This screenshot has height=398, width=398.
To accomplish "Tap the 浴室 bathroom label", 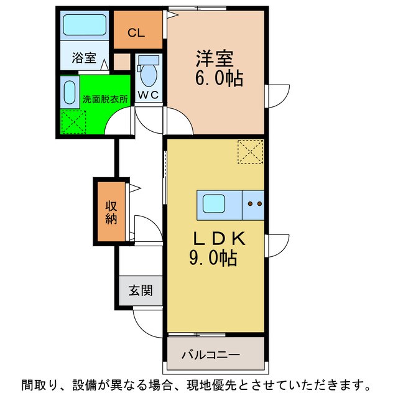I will click(x=84, y=59).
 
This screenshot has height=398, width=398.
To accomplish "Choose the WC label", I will click(x=148, y=95).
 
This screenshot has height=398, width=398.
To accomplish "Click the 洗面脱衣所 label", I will click(x=105, y=98).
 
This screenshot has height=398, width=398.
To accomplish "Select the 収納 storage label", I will click(x=111, y=213).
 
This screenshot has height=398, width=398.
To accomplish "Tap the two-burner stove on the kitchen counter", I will click(x=253, y=203).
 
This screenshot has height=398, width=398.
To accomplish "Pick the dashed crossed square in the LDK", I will click(x=251, y=151).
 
